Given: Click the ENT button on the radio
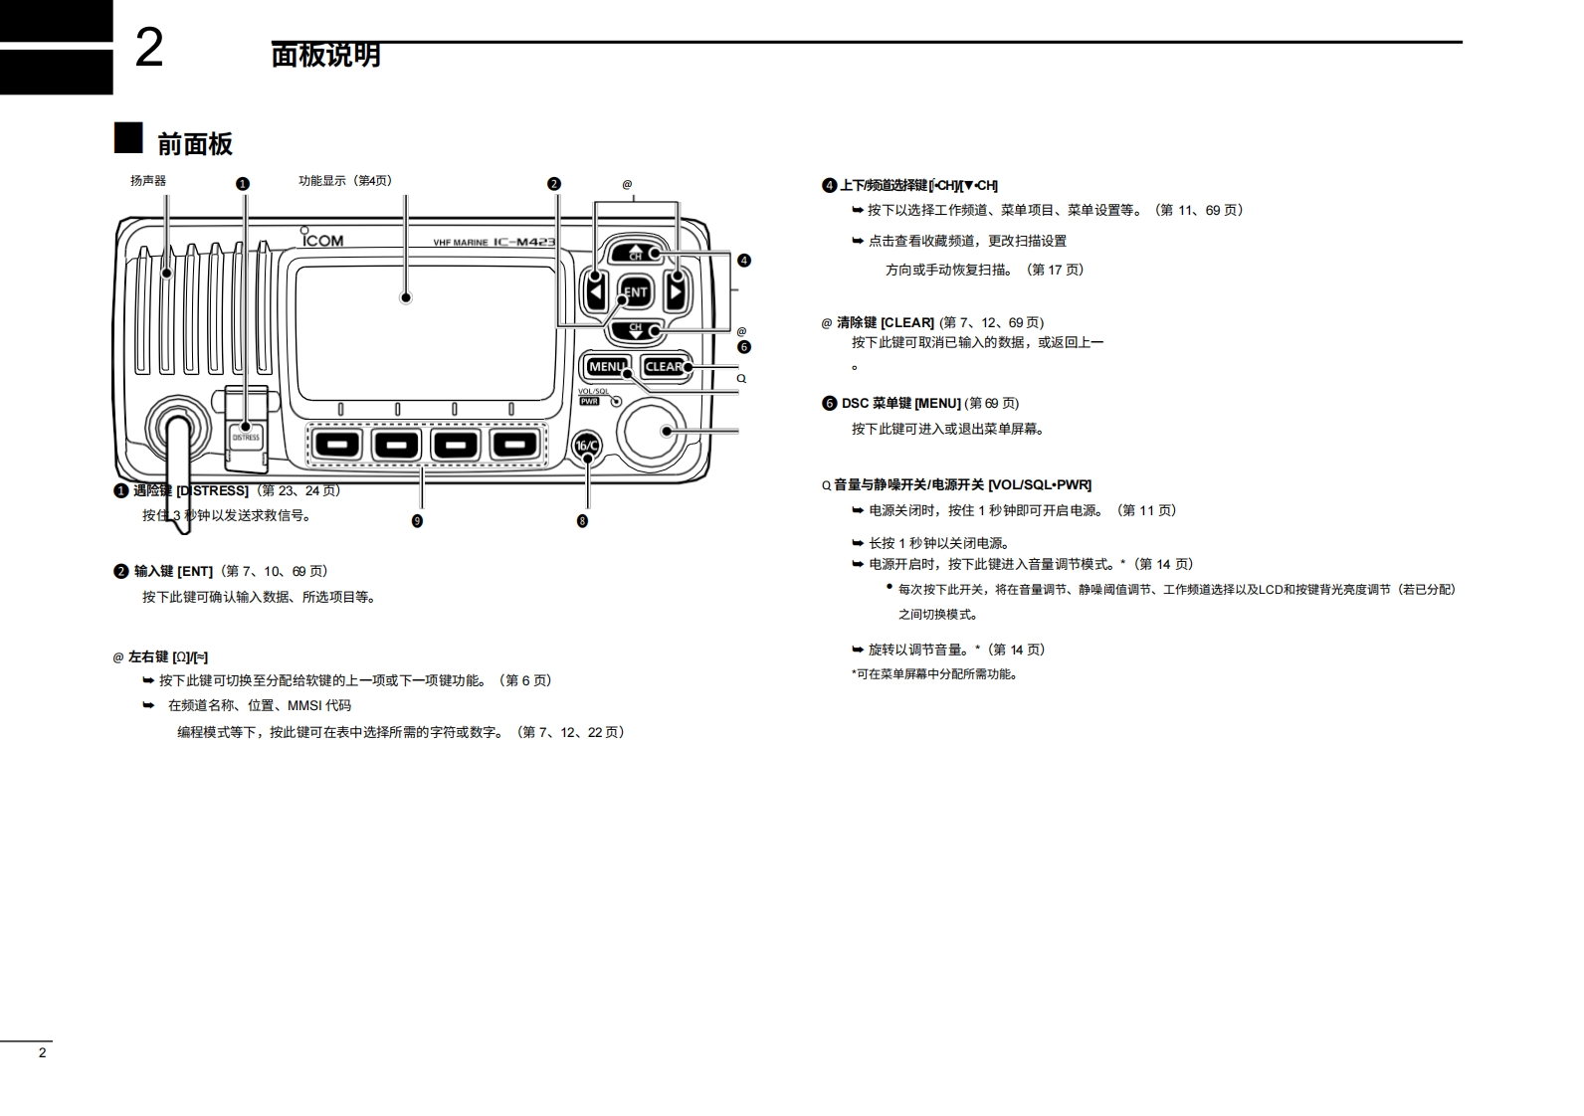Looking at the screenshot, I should (635, 292).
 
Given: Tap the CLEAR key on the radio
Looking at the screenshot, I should (665, 367).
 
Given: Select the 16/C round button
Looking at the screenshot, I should (587, 446).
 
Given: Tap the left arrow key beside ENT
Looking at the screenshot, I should (595, 292).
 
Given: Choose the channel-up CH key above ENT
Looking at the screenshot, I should (635, 253).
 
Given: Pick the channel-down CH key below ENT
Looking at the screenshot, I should (635, 330).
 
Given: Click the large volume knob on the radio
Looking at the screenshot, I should (652, 431).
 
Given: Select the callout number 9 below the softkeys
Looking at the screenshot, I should (417, 521).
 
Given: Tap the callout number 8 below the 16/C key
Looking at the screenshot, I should (582, 521).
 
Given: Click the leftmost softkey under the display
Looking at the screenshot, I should (339, 445).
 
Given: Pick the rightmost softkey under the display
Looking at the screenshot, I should (514, 445).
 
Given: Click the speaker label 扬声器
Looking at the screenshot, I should (148, 181).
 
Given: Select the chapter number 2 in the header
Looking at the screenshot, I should (148, 48).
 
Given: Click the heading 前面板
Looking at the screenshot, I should (195, 144).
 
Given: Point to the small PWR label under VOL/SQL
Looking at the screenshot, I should (589, 401).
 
